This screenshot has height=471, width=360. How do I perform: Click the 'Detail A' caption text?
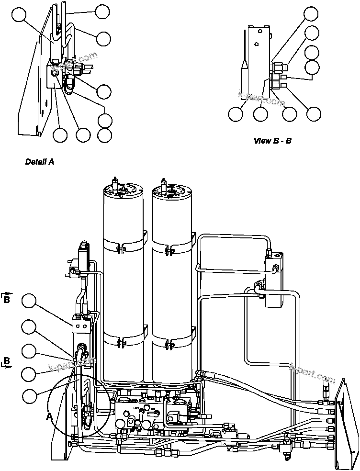coord(39,162)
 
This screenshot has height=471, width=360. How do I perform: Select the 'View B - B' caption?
coord(272,141)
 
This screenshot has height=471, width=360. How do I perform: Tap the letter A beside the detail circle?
coord(49,416)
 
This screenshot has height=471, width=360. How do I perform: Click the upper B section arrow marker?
coord(7,299)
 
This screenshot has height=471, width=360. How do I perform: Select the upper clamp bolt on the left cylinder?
coord(123,249)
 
